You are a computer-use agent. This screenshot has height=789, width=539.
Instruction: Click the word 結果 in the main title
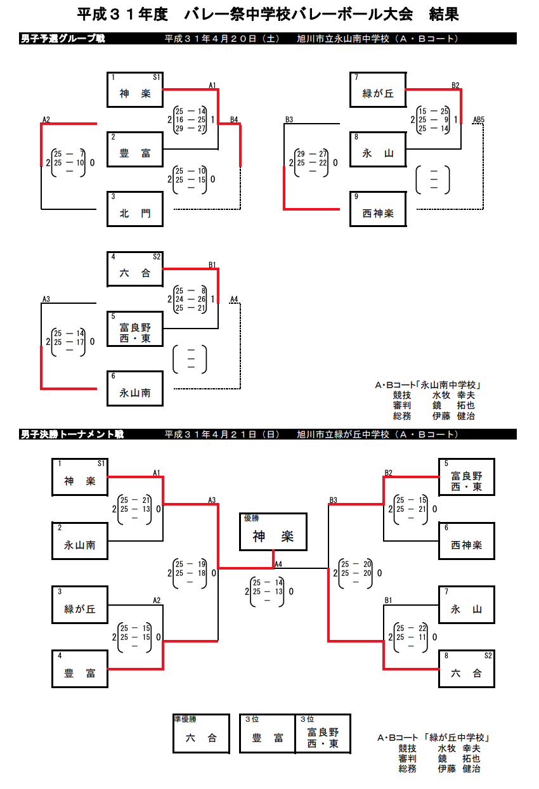(x=443, y=14)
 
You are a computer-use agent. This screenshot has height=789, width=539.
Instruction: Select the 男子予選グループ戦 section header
(x=63, y=39)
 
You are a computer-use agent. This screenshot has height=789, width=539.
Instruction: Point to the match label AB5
(x=478, y=119)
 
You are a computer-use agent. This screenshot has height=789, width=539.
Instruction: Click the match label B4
(x=234, y=119)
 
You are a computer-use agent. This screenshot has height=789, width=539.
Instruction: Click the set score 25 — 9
(x=434, y=119)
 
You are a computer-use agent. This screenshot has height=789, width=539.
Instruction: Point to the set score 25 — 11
(x=412, y=637)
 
